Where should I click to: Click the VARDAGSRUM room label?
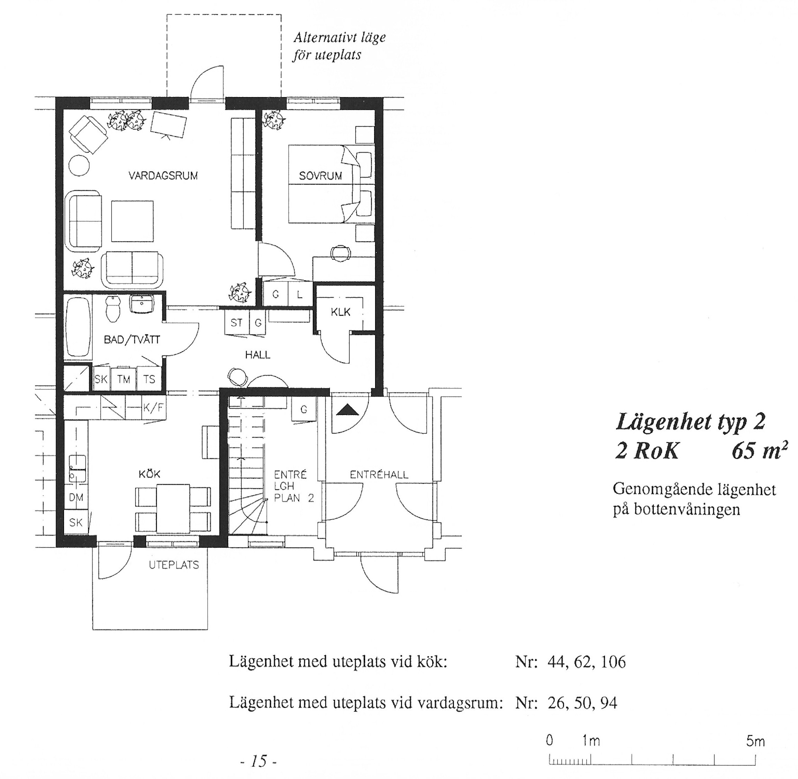pos(163,176)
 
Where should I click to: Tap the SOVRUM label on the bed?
pos(320,176)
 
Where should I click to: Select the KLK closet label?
pos(341,312)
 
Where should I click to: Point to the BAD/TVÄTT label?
pos(132,340)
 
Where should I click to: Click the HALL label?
pos(257,355)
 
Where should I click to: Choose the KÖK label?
pos(149,474)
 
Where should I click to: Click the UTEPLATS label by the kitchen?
pos(174,565)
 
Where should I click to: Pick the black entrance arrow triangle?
pos(348,409)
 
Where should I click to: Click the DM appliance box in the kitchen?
pos(76,498)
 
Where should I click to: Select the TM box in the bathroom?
pos(124,379)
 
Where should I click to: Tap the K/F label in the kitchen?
pos(154,408)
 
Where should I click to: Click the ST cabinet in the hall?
pos(237,323)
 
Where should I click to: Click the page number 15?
pos(259,761)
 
